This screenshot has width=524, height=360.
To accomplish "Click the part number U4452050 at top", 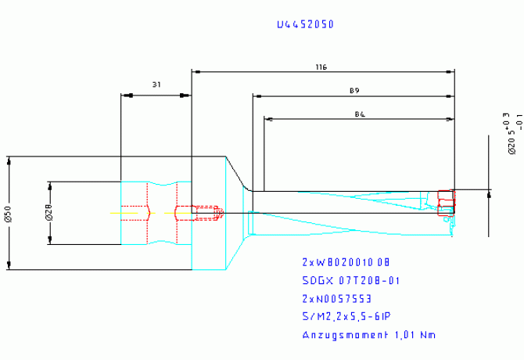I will point(305,24).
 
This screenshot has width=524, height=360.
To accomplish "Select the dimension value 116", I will point(321,68).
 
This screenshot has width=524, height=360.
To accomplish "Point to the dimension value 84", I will point(360,115).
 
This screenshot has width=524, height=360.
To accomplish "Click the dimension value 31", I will point(156,84).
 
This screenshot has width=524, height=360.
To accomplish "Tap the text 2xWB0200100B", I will point(345,261).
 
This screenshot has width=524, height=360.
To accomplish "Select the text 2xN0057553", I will point(337,298).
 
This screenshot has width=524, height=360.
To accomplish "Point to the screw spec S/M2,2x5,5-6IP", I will point(346,316).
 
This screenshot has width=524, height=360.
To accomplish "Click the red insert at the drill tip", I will point(446,201).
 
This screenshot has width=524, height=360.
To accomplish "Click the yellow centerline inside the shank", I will point(129,212).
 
